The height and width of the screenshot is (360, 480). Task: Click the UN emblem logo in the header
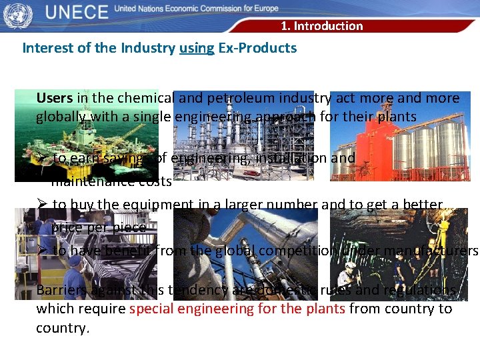point(17,15)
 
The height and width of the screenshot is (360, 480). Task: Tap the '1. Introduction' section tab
point(321,26)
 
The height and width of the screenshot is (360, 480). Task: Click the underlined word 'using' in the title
point(197,48)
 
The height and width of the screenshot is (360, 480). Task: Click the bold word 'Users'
point(55,98)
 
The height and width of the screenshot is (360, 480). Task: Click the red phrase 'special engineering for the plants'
point(237,309)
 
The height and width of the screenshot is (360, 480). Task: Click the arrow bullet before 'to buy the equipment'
point(41,205)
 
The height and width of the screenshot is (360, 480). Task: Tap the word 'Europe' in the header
point(265,9)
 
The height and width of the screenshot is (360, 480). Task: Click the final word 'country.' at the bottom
point(62,328)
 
